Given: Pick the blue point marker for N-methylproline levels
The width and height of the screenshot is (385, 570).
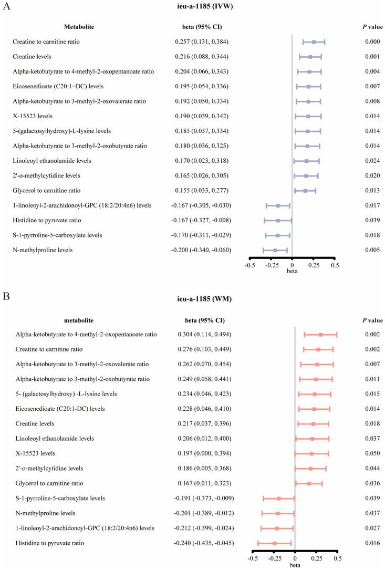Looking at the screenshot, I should click(x=275, y=250).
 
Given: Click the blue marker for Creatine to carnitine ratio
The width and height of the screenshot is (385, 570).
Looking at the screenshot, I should click(x=314, y=42).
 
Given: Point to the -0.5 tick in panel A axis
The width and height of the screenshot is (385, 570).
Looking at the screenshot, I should click(x=250, y=265).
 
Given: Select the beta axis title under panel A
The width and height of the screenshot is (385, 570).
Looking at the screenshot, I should click(x=292, y=272).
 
